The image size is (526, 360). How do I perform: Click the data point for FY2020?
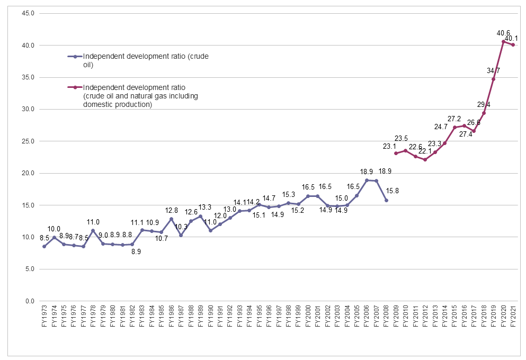click(x=503, y=41)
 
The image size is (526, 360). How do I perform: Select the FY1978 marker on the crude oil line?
click(x=93, y=230)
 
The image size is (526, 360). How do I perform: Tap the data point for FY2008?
click(x=386, y=200)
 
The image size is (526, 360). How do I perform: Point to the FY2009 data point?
click(x=396, y=153)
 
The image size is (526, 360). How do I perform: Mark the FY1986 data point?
click(x=171, y=219)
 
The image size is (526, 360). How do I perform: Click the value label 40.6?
click(x=503, y=33)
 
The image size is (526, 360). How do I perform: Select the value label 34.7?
click(x=493, y=70)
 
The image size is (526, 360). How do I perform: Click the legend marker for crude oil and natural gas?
click(x=75, y=87)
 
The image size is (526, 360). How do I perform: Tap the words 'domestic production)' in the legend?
click(x=118, y=105)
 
